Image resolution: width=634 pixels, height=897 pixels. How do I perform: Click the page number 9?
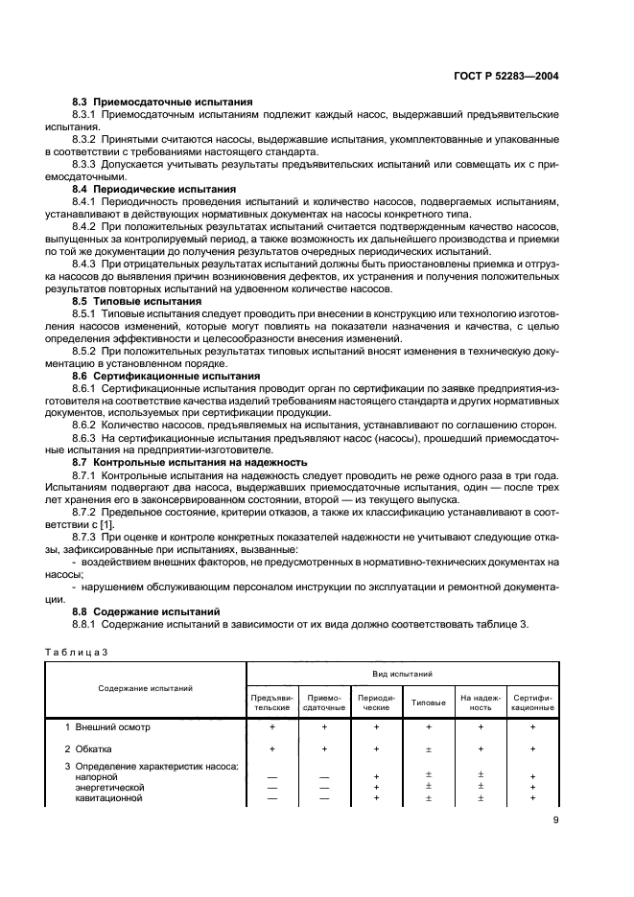tap(556, 819)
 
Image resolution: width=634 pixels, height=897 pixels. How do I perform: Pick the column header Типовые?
tap(428, 702)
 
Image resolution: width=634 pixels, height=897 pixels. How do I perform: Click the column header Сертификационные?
tap(532, 702)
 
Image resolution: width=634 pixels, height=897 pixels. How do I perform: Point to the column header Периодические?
tap(376, 702)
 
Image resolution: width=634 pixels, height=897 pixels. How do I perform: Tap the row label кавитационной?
tap(109, 797)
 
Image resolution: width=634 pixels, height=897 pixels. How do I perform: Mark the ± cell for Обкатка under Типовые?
tap(428, 748)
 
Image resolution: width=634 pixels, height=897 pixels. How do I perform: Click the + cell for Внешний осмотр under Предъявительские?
tap(272, 727)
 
